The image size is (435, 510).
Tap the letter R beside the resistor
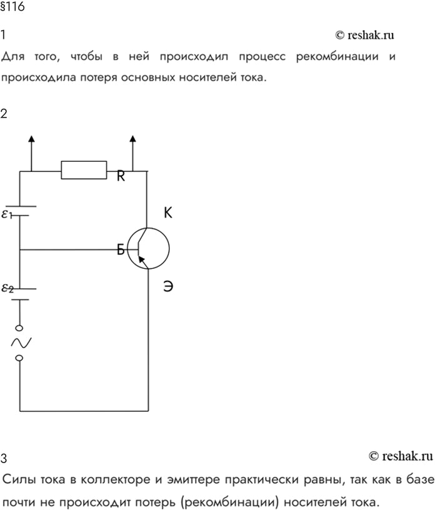121,176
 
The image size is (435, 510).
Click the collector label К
168,212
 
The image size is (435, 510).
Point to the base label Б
121,250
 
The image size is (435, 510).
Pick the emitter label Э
168,286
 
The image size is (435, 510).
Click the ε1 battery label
6,214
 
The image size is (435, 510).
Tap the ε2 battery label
7,288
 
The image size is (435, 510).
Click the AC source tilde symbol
21,342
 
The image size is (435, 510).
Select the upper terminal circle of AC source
19,328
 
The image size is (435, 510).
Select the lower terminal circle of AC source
19,358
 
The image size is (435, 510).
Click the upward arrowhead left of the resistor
31,139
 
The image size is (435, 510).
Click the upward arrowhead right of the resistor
132,139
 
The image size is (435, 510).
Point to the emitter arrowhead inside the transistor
141,259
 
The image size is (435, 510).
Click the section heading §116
12,6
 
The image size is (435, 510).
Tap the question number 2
4,114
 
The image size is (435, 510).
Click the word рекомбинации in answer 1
337,57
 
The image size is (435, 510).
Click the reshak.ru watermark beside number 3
401,456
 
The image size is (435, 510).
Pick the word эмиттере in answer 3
194,479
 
